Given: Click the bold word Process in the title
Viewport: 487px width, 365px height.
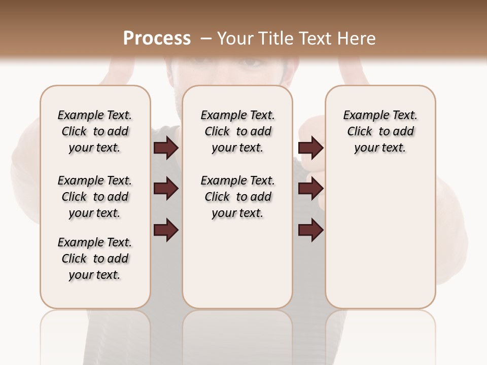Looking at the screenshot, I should point(157,38).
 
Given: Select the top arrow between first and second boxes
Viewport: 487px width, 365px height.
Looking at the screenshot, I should point(166,148).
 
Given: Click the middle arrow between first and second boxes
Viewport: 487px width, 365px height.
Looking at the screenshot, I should point(166,189).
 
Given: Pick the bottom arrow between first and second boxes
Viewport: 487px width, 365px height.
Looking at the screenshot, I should point(166,230).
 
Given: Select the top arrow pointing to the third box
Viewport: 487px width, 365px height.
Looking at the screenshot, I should point(310,148).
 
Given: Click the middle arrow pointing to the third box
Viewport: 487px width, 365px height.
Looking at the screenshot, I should point(310,189).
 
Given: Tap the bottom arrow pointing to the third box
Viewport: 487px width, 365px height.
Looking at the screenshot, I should point(310,230).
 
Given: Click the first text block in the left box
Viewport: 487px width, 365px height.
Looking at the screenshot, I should point(95,131).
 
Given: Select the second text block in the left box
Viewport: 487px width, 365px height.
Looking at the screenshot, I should point(95,197).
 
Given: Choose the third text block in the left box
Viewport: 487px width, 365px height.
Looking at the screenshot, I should point(95,259).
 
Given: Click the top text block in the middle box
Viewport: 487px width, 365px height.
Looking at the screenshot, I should point(237,131).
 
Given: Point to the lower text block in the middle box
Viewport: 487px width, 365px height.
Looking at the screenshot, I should point(237,197).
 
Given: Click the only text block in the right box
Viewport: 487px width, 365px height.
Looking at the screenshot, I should point(380,131).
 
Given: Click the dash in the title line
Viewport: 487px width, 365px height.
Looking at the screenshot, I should point(205,38).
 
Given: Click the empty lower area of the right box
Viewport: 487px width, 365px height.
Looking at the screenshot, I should point(380,238).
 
